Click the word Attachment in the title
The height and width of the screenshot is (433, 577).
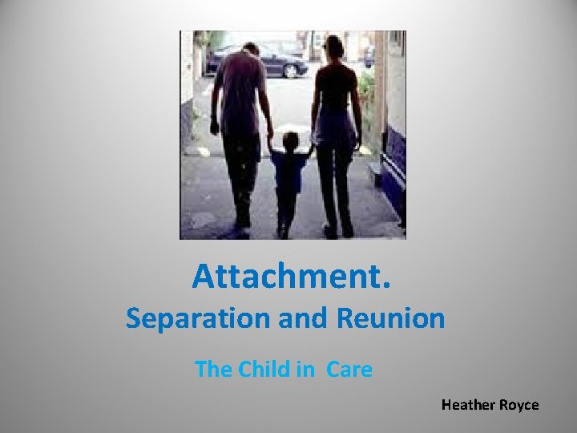[x=287, y=277]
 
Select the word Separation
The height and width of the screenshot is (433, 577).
[x=192, y=318]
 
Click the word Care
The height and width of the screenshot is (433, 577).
[x=349, y=370]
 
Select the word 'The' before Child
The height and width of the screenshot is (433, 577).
[x=213, y=370]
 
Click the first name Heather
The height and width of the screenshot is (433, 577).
[x=469, y=405]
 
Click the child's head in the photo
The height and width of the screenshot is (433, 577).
[x=289, y=142]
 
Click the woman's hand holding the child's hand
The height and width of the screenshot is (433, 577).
[x=313, y=145]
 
